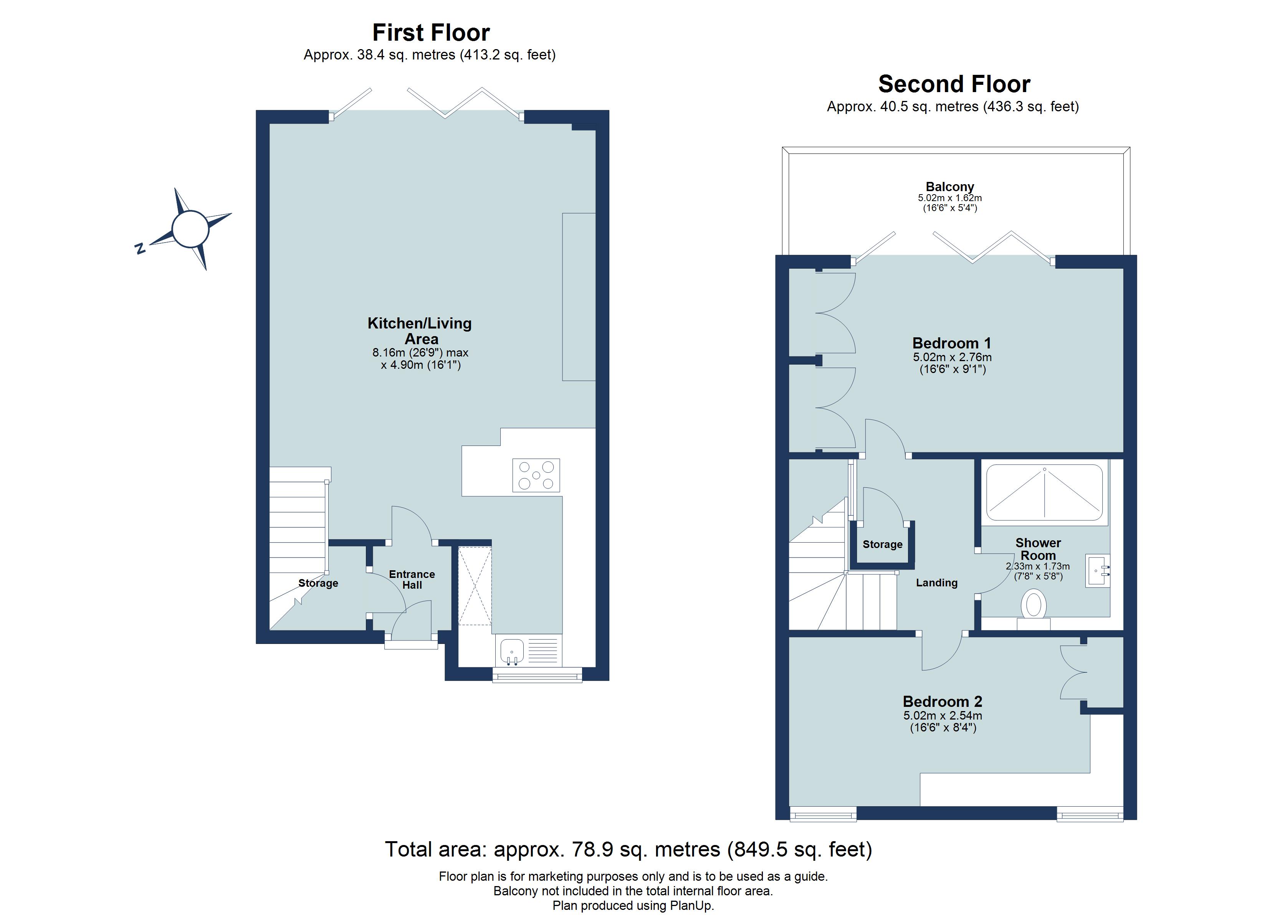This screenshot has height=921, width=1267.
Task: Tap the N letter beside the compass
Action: (x=140, y=249)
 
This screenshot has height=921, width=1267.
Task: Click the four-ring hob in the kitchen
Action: (x=536, y=475)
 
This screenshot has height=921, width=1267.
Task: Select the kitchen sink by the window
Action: (x=512, y=651)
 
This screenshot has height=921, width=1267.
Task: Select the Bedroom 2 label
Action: (x=943, y=701)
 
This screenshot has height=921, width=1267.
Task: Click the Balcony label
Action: (x=950, y=187)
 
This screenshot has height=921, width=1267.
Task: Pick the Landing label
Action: (x=937, y=583)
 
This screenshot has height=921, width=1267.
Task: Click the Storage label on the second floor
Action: (x=882, y=544)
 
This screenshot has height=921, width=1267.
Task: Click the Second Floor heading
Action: (x=954, y=84)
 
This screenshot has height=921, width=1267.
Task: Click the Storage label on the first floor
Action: (x=318, y=583)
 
